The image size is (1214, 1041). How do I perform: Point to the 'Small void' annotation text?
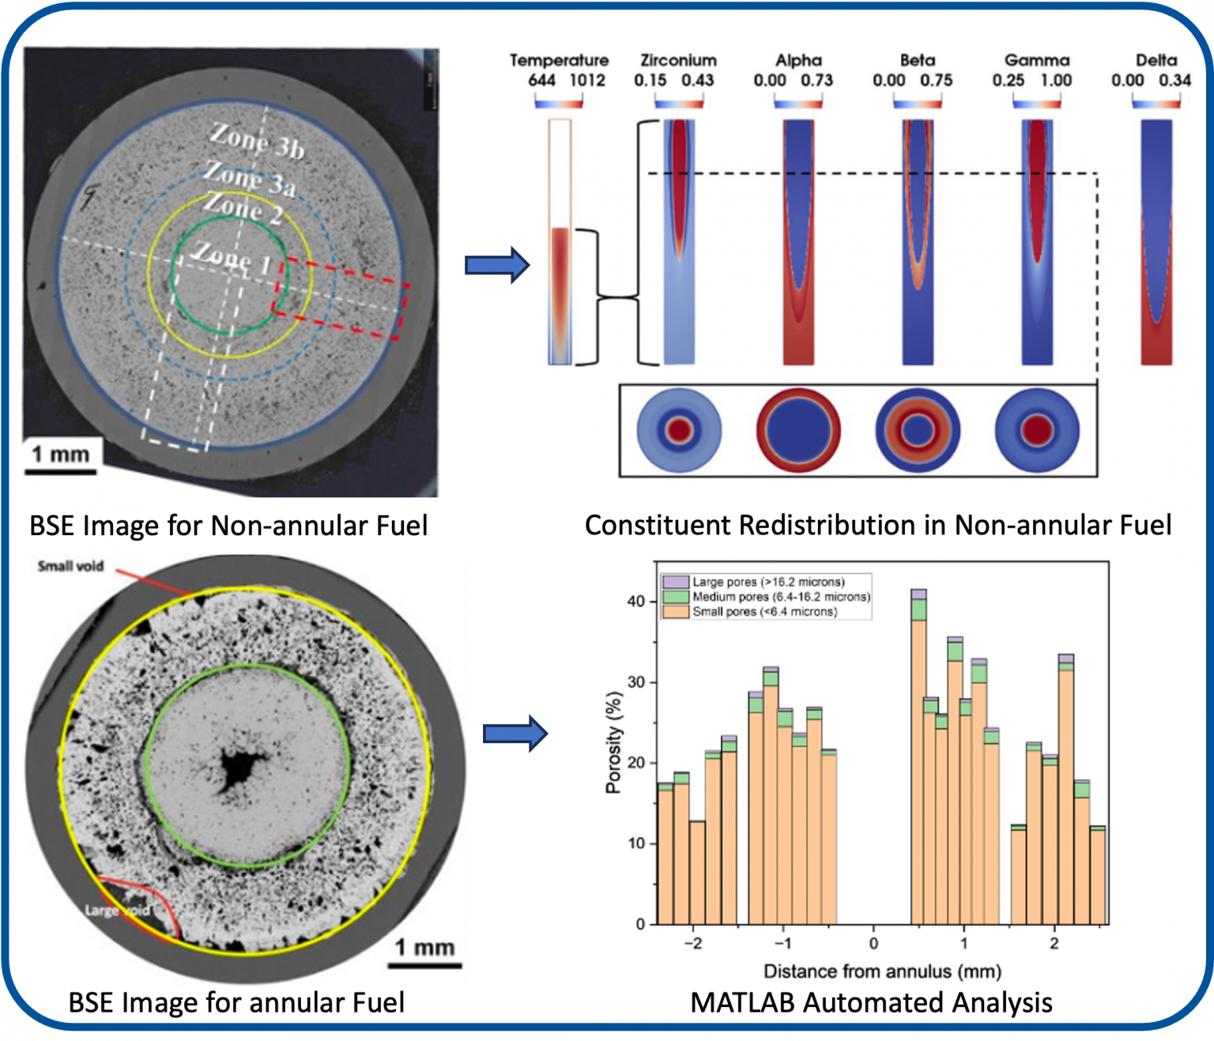click(70, 566)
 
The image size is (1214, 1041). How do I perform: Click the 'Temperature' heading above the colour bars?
click(559, 60)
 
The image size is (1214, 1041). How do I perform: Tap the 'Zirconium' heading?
click(678, 60)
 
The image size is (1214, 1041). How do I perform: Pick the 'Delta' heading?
click(1156, 60)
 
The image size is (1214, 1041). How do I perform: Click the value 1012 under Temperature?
click(587, 80)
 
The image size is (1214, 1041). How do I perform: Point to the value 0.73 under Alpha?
click(816, 80)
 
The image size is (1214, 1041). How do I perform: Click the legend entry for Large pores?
click(767, 582)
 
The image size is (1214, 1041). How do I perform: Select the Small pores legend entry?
click(763, 611)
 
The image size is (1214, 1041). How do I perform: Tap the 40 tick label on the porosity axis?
click(636, 602)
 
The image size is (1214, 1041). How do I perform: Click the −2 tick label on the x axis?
click(692, 943)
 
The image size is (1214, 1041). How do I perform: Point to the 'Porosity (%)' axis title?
click(613, 742)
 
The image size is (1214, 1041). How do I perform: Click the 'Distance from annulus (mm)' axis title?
click(882, 971)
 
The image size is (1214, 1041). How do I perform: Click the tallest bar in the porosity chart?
click(918, 759)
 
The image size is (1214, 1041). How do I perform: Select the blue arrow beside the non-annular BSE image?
click(496, 265)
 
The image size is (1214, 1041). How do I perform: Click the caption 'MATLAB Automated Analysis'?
click(871, 1002)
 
